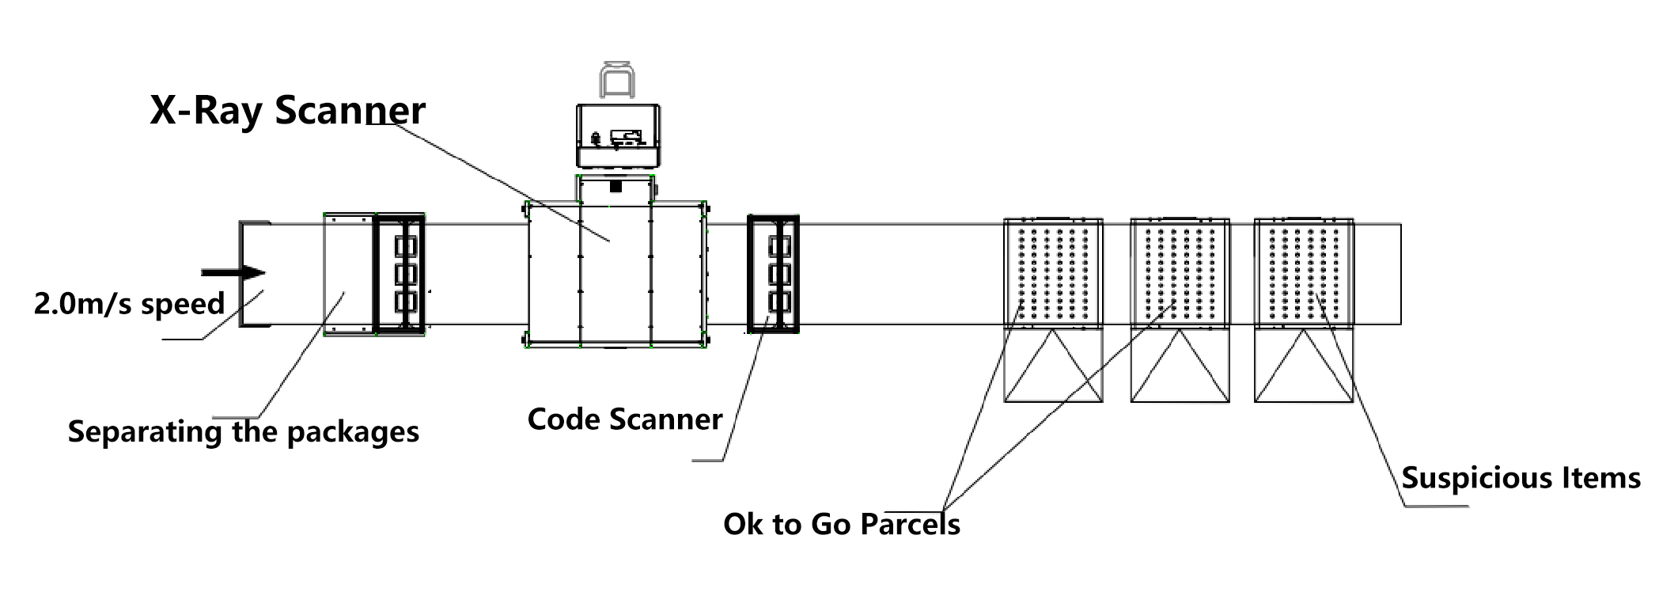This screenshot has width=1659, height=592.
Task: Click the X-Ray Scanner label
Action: pos(287,110)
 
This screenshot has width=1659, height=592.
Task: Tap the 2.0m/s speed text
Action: pos(129,304)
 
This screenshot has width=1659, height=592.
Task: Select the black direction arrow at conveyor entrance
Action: pos(233,273)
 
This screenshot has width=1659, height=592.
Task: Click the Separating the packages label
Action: pos(243,432)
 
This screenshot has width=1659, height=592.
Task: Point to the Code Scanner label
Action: pos(625,419)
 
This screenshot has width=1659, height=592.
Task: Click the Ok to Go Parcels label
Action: pos(841,525)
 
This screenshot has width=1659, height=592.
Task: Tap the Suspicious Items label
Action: pos(1521,478)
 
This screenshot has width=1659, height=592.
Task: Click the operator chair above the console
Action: pos(617,80)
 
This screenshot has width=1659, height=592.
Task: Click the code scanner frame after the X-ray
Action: pos(773,273)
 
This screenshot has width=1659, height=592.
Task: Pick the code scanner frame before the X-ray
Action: pos(399,273)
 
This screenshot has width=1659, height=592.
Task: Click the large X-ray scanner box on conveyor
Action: pos(616,273)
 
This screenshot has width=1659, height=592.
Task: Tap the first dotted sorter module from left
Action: pos(1053,273)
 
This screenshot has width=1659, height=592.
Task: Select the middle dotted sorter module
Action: pos(1180,273)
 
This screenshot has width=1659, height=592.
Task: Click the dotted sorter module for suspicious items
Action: pos(1304,273)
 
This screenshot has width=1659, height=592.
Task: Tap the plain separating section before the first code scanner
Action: pos(349,273)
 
